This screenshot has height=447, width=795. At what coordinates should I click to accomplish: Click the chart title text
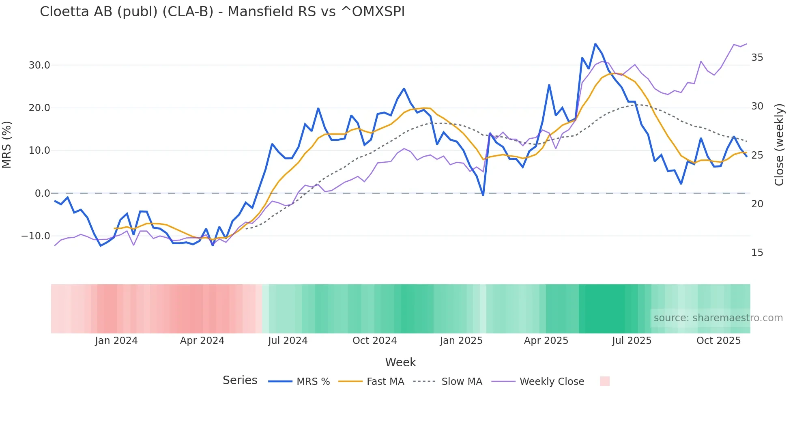pyautogui.click(x=222, y=12)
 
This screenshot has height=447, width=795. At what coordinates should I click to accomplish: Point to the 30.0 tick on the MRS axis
pyautogui.click(x=39, y=65)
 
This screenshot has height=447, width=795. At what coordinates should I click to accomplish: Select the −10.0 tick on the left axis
pyautogui.click(x=36, y=236)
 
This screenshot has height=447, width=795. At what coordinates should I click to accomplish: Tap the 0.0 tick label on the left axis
pyautogui.click(x=42, y=193)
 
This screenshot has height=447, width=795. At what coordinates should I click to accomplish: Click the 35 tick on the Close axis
pyautogui.click(x=757, y=58)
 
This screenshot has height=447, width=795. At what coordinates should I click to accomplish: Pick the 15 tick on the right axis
pyautogui.click(x=757, y=253)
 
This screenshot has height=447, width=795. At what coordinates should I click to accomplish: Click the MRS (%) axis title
pyautogui.click(x=7, y=145)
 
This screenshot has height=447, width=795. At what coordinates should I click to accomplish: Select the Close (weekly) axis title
pyautogui.click(x=779, y=145)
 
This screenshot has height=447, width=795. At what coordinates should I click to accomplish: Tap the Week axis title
pyautogui.click(x=400, y=362)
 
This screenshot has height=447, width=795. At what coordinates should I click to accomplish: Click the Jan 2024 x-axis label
pyautogui.click(x=116, y=341)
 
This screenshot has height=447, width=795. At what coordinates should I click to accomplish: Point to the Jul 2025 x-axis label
pyautogui.click(x=632, y=341)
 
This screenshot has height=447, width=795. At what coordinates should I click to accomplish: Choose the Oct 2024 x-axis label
pyautogui.click(x=374, y=341)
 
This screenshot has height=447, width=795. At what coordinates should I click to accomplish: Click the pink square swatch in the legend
pyautogui.click(x=604, y=381)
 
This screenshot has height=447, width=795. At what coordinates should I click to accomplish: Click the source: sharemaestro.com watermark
pyautogui.click(x=718, y=318)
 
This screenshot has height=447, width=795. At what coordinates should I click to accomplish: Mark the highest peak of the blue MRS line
pyautogui.click(x=595, y=44)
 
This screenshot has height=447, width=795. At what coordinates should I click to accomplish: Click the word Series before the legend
pyautogui.click(x=240, y=380)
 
